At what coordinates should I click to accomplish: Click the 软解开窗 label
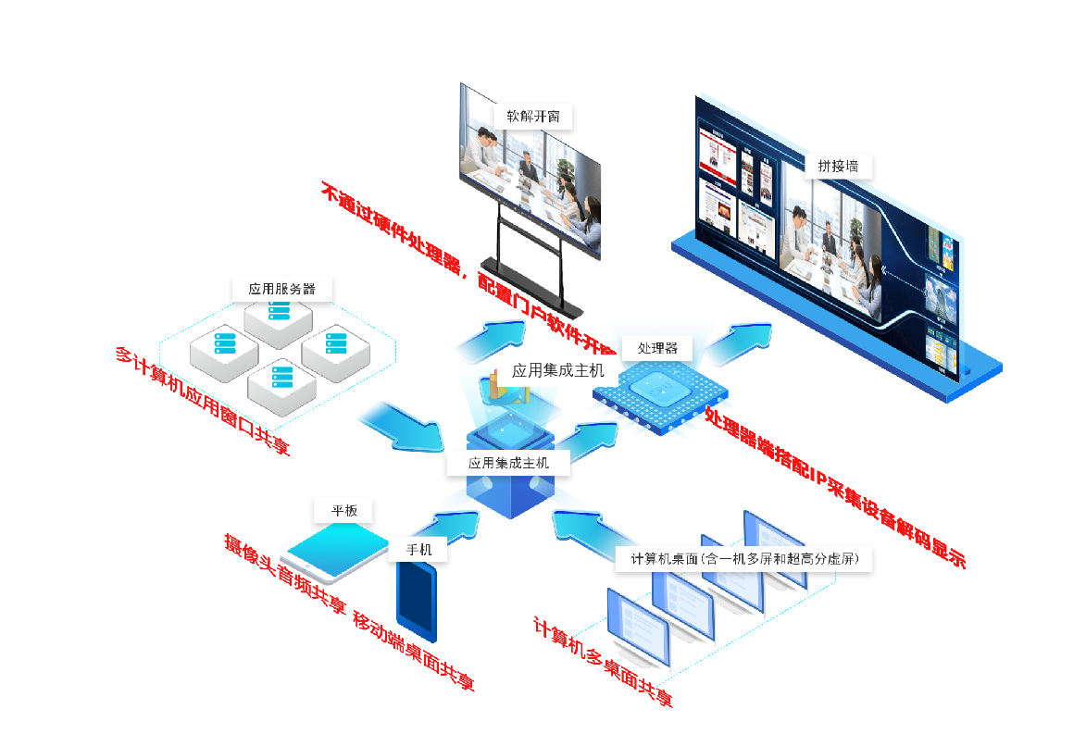coord(532,117)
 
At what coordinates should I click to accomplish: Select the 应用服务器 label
coord(281,289)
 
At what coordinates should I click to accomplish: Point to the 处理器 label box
coord(657,348)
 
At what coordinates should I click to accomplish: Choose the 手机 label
coord(418,549)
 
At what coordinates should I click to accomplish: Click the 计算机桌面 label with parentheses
coord(744,558)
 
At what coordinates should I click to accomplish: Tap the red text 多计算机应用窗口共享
coord(203,403)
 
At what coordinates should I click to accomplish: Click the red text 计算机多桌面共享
coord(603,663)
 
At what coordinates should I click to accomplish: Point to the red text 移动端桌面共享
coord(414,653)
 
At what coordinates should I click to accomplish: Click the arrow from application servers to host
coord(400,426)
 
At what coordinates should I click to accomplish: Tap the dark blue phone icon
coord(416,600)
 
